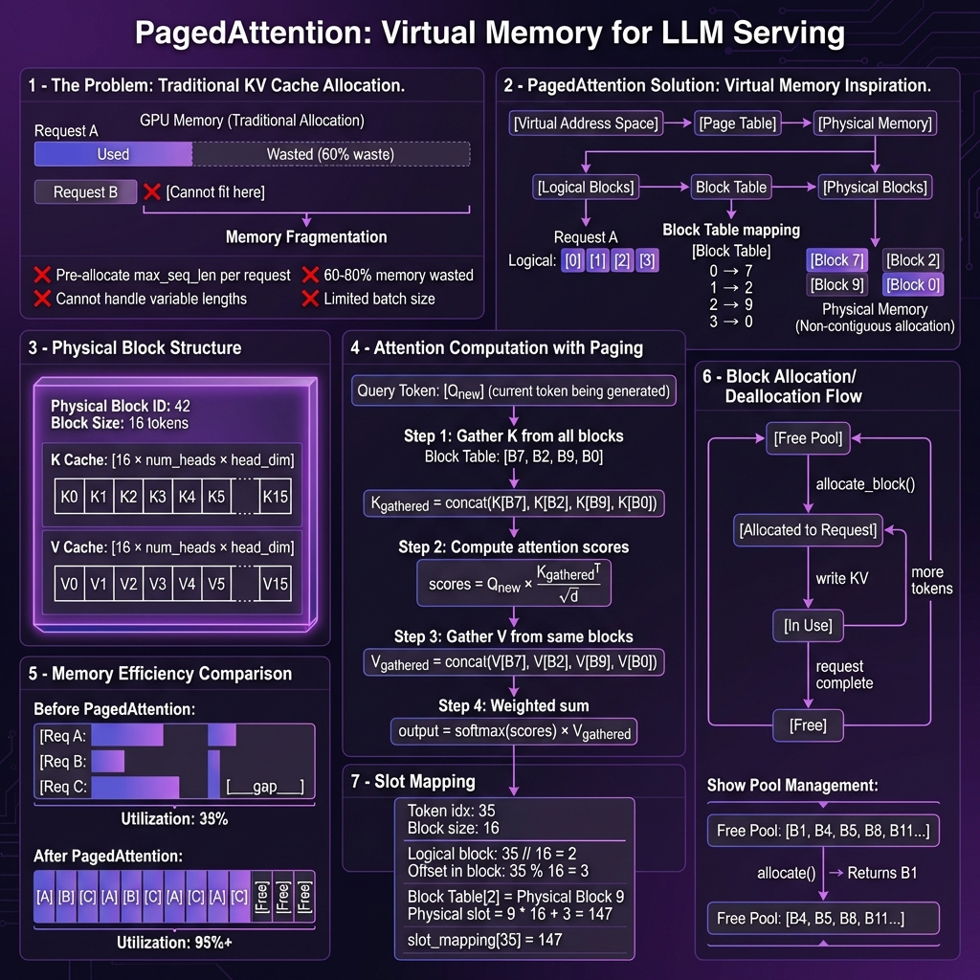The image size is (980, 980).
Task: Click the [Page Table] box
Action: click(x=738, y=122)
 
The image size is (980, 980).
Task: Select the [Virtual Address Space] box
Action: click(x=586, y=122)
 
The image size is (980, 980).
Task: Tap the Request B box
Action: click(x=85, y=192)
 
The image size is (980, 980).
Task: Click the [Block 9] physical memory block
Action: click(x=837, y=284)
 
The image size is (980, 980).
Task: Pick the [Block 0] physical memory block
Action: click(x=912, y=284)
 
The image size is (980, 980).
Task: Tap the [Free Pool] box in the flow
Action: click(x=808, y=438)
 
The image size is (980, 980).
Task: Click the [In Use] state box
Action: click(x=808, y=626)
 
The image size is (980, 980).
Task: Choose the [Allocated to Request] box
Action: click(x=808, y=530)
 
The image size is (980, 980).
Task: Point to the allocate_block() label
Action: click(x=865, y=484)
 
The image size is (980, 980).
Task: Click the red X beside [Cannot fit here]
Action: click(x=151, y=192)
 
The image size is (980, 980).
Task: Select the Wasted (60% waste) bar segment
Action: click(x=330, y=154)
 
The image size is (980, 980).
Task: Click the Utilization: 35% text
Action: click(x=173, y=819)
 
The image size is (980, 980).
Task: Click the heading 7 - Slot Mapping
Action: click(x=412, y=782)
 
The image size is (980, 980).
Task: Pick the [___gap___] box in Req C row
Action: click(x=265, y=788)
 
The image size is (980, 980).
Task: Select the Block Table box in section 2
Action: click(x=731, y=187)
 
